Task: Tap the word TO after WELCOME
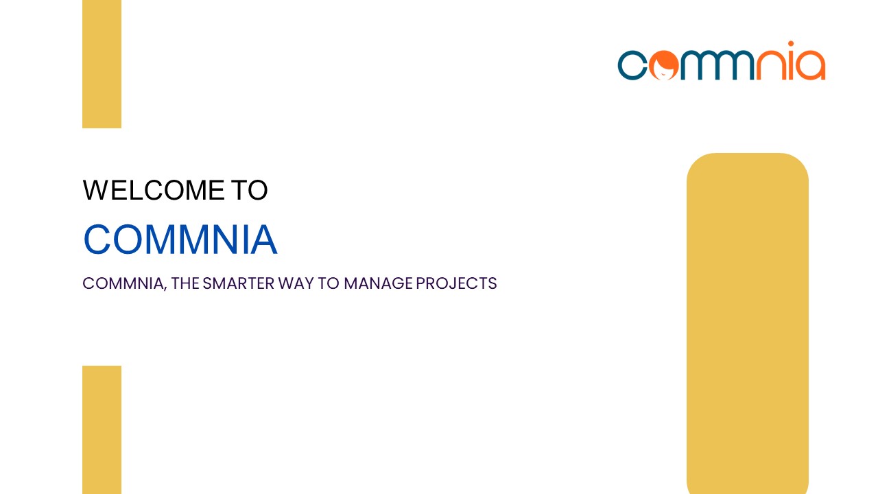[x=248, y=191]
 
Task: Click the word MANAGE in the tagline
[x=378, y=283]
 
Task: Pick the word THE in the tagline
[x=185, y=283]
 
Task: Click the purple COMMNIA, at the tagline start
[x=124, y=283]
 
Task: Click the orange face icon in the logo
[x=664, y=65]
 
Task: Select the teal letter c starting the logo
[x=631, y=65]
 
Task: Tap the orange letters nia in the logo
[x=790, y=63]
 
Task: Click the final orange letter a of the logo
[x=811, y=66]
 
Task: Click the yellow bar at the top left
[x=102, y=63]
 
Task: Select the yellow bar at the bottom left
[x=102, y=430]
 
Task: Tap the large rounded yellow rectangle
[x=747, y=322]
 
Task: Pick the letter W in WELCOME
[x=95, y=191]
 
